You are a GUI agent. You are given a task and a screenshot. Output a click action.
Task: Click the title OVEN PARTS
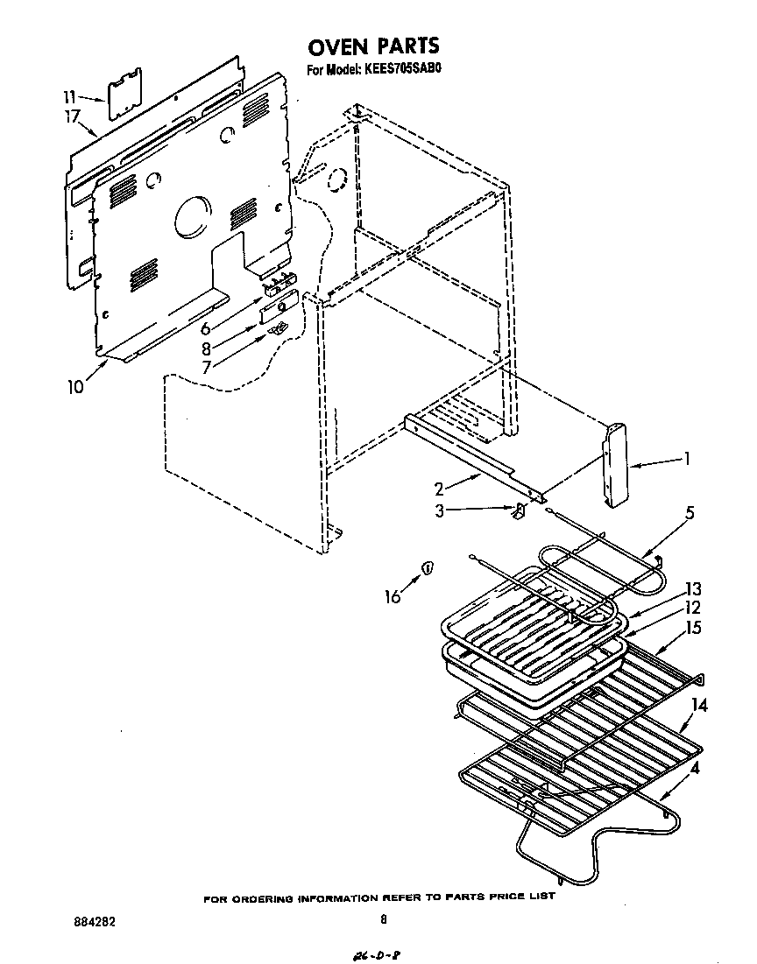point(375,46)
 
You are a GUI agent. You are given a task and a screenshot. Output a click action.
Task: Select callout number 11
point(69,96)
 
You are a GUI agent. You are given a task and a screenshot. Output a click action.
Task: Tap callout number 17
point(72,116)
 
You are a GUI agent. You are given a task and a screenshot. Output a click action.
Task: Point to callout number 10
point(75,386)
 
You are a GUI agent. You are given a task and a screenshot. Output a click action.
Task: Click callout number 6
point(206,329)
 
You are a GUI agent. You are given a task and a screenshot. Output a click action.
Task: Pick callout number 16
point(392,596)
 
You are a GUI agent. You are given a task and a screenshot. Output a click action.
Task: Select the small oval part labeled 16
point(427,567)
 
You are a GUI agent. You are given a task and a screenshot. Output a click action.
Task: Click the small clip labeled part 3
point(518,510)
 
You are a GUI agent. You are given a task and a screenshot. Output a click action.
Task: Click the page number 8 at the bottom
point(383,919)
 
